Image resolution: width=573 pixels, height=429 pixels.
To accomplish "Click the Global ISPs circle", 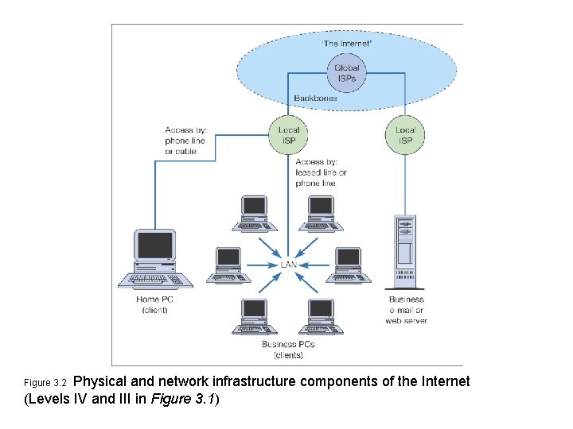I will click(346, 73).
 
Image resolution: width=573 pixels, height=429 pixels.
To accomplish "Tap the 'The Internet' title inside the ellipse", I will click(346, 43).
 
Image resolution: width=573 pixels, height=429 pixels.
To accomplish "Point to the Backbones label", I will click(315, 99).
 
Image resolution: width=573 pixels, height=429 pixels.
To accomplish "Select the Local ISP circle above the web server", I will click(405, 135).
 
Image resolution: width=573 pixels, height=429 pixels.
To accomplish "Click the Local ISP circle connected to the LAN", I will click(289, 135).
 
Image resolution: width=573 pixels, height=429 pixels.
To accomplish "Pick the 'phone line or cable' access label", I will click(185, 141).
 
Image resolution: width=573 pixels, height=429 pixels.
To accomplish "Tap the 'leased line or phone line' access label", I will click(321, 172).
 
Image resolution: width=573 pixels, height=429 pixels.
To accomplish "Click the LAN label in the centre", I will click(288, 265).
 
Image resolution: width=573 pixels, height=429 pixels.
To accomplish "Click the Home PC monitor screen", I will click(154, 246).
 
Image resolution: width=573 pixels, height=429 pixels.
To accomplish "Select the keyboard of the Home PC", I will click(155, 280).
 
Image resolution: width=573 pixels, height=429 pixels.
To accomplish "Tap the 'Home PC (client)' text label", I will click(154, 304).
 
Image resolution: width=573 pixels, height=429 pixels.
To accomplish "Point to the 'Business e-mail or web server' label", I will click(406, 311).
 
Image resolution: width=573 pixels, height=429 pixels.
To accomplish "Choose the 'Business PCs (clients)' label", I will click(288, 350).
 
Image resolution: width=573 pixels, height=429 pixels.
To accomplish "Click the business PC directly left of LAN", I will click(228, 262).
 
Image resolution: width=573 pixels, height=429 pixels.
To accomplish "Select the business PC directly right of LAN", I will click(348, 262).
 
